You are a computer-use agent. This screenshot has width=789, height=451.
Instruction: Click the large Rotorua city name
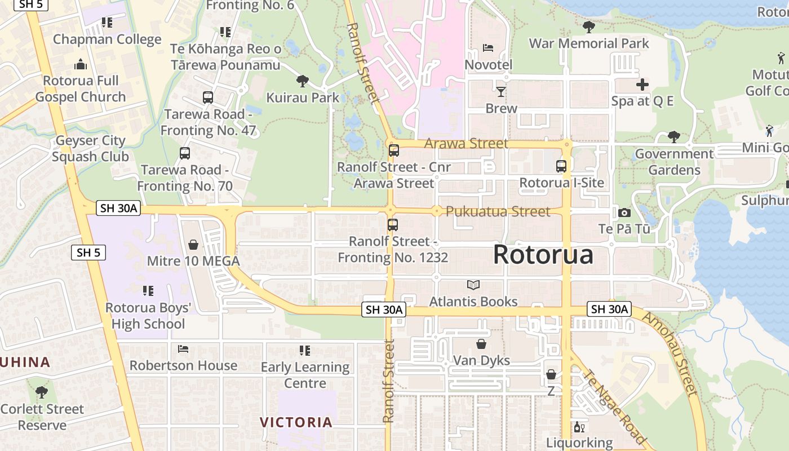(543, 255)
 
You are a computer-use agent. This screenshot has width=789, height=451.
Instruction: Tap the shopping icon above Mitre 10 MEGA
(193, 245)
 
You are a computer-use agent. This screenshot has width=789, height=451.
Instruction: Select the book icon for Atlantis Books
(473, 285)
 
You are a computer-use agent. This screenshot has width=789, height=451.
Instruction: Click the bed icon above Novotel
(488, 48)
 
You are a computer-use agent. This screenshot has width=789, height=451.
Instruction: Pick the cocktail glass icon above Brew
(501, 91)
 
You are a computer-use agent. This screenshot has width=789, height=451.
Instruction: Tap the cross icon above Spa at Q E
(642, 85)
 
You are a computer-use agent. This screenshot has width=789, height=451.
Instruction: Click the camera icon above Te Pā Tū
(624, 213)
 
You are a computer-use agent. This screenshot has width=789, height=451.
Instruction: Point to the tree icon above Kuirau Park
(303, 81)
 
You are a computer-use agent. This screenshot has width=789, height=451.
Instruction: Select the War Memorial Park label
(589, 43)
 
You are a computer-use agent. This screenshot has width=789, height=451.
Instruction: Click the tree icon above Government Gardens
(673, 137)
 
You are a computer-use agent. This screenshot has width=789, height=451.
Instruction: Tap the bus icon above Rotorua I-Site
(561, 166)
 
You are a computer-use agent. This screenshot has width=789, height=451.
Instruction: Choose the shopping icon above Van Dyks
(481, 344)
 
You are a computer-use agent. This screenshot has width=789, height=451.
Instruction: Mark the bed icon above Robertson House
(183, 349)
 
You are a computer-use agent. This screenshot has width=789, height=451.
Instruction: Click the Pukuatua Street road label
(498, 211)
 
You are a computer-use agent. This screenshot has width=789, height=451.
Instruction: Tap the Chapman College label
(107, 39)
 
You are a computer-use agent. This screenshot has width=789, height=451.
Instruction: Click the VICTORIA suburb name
(296, 422)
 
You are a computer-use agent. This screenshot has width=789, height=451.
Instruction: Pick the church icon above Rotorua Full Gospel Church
(81, 64)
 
